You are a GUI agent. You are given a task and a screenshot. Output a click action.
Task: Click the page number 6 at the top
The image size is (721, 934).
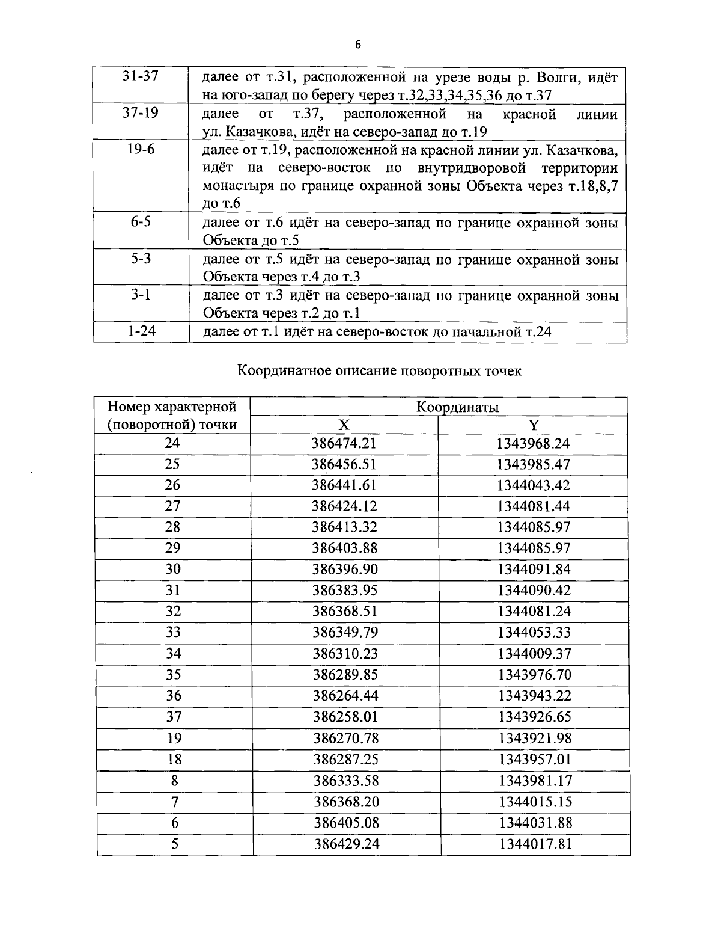pos(358,45)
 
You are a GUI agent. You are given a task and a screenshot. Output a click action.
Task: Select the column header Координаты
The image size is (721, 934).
pos(458,407)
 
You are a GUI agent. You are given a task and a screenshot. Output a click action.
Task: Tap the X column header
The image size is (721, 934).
pos(343,425)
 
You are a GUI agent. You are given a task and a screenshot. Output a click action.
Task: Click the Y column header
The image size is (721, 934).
pos(534,425)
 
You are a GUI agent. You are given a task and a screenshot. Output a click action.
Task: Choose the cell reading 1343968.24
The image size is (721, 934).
pos(534,444)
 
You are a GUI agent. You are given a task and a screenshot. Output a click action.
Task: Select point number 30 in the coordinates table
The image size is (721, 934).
pos(173,569)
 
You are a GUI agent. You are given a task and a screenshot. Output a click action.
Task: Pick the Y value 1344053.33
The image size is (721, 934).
pos(534,632)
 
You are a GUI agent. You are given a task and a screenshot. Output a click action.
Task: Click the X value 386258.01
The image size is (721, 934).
pos(345,717)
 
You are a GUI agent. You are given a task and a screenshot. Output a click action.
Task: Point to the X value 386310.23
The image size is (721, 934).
pos(345,654)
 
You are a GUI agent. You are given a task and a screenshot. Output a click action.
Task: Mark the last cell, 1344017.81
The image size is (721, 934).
pos(535,844)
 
